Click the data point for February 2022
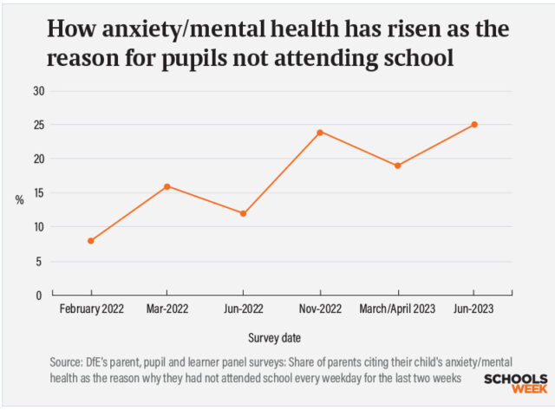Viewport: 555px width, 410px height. [x=90, y=241]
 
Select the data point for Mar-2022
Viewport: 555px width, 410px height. [x=166, y=186]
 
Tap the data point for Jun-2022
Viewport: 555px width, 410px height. [x=244, y=213]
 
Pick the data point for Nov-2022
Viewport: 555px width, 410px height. [x=320, y=132]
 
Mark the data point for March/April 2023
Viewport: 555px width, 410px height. [x=397, y=166]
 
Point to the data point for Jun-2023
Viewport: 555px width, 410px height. [x=474, y=125]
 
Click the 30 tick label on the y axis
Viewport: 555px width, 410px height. [x=38, y=91]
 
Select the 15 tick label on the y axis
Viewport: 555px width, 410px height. [x=38, y=193]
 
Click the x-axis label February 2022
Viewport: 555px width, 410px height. [x=90, y=309]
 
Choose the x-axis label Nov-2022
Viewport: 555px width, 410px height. [x=320, y=309]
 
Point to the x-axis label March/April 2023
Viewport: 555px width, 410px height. [x=397, y=309]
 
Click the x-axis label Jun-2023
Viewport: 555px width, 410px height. [x=474, y=309]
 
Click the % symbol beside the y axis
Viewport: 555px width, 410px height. [x=19, y=200]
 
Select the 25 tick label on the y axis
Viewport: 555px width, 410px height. [x=38, y=126]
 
